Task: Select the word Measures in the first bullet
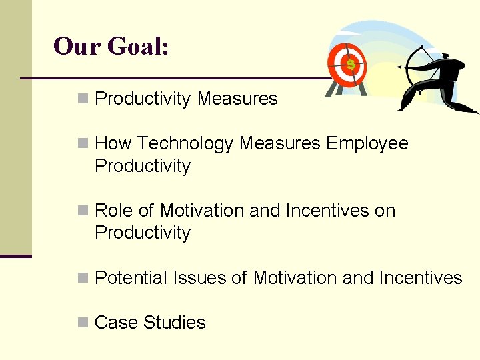coord(237,99)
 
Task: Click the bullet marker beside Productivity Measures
coord(83,99)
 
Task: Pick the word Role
coord(114,211)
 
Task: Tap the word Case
coord(114,323)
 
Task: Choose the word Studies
coord(175,323)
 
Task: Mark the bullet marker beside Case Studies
coord(83,323)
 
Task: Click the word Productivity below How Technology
coord(143,166)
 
